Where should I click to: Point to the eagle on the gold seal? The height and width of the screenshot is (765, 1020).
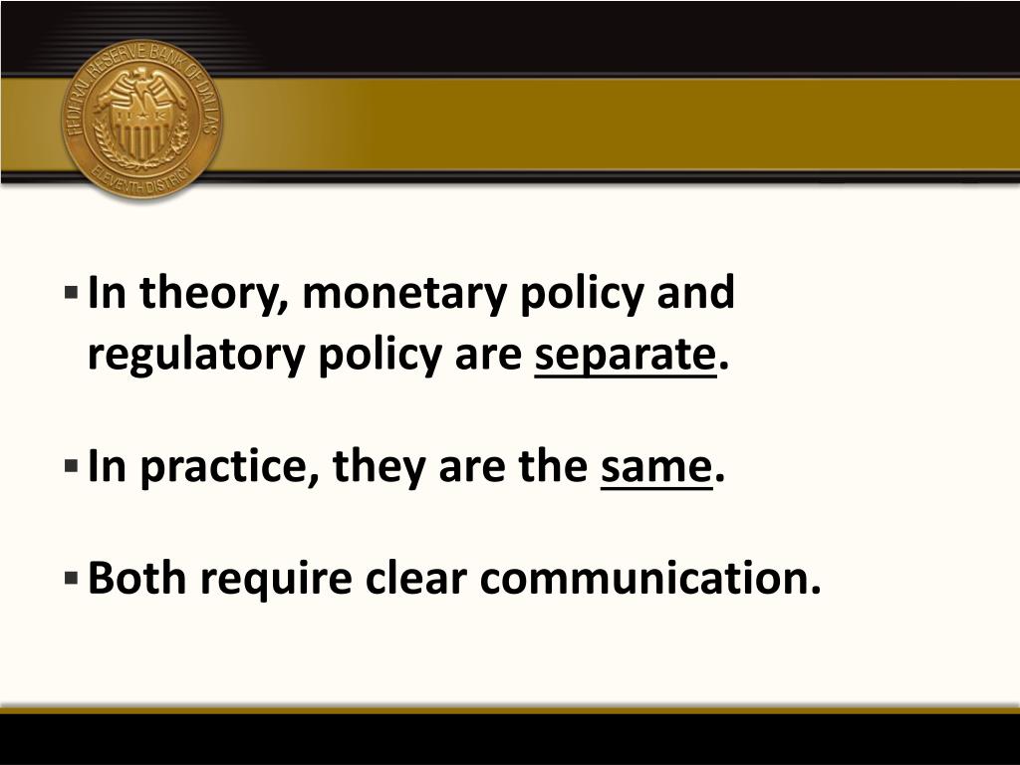click(143, 95)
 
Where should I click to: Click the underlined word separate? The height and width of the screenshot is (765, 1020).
click(625, 356)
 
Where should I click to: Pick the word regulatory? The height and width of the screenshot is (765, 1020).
click(196, 356)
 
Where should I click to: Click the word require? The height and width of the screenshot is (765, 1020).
click(263, 579)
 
